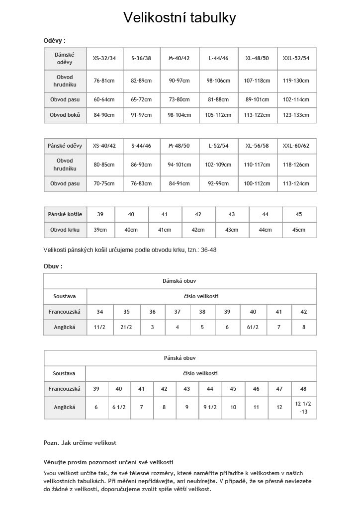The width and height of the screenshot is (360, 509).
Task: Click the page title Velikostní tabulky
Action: [180, 18]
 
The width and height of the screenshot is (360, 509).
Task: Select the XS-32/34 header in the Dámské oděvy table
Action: [104, 58]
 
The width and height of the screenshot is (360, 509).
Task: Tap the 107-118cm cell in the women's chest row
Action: [257, 81]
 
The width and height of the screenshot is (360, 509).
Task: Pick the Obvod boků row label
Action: [65, 115]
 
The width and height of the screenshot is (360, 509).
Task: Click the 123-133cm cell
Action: [296, 115]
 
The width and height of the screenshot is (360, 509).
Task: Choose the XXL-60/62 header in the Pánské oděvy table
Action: [296, 146]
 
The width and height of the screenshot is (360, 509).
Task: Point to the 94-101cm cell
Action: [179, 165]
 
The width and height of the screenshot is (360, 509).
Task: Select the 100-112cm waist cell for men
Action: [257, 183]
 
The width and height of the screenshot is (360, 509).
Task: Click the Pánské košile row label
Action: [65, 214]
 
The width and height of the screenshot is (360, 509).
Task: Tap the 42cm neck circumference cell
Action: [198, 230]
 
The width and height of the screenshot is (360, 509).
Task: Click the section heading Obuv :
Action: [53, 266]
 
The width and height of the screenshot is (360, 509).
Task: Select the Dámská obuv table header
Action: [180, 281]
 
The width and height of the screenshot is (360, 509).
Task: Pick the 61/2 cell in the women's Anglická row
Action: [253, 327]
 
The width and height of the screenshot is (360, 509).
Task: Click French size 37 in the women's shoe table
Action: [177, 312]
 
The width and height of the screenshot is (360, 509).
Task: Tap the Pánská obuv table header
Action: [180, 358]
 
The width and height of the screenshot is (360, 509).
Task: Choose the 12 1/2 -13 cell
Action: [303, 407]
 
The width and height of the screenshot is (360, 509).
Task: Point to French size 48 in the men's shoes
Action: [303, 389]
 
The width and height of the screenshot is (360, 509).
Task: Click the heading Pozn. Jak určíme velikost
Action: [80, 442]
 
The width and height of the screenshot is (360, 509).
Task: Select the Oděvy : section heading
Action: [55, 41]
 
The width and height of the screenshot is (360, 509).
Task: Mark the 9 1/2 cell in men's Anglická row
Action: [210, 407]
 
